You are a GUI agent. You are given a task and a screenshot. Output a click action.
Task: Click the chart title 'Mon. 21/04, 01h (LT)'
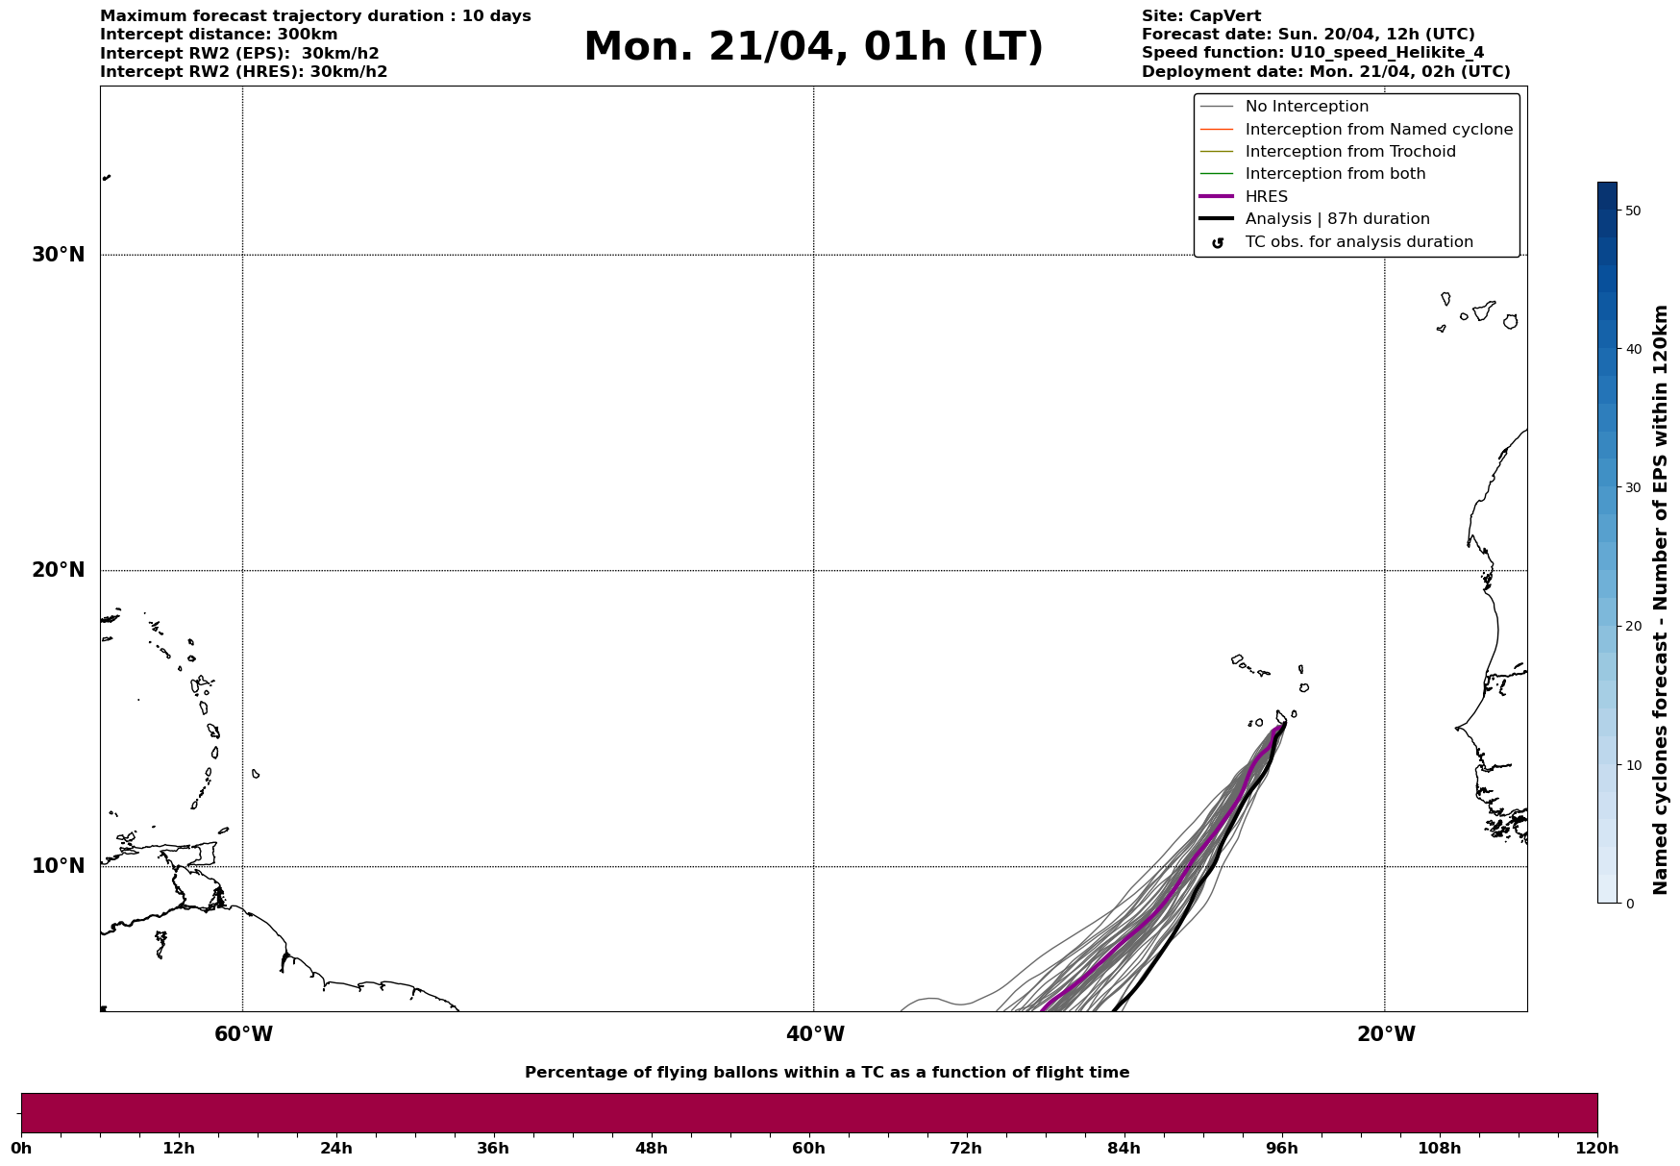[813, 47]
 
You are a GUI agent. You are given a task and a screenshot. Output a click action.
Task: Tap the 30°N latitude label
[58, 255]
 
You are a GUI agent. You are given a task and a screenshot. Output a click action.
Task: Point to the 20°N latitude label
[58, 570]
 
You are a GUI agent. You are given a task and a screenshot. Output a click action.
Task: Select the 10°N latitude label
[58, 866]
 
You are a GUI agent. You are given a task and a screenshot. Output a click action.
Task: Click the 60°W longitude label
[243, 1034]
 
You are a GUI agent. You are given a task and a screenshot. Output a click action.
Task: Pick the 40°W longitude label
[815, 1034]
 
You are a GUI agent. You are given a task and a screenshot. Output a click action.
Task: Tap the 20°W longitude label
[1386, 1034]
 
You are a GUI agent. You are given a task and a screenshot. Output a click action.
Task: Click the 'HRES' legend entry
[1266, 197]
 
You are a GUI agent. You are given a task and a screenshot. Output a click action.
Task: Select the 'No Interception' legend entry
[1306, 107]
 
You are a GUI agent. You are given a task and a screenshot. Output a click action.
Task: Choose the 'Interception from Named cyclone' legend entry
[1378, 130]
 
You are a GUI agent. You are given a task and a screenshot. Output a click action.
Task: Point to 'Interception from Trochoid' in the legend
[1349, 152]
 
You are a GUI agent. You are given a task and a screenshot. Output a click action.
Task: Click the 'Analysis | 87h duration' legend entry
[1337, 219]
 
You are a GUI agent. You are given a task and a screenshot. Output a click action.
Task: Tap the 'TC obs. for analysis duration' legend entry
[1358, 242]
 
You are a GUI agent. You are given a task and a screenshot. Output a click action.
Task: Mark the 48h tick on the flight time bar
[651, 1149]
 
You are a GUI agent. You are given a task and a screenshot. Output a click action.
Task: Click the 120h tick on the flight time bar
[1597, 1149]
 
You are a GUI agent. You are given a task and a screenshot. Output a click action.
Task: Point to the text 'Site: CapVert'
[1201, 16]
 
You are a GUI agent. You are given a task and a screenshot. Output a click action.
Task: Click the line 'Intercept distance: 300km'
[219, 35]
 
